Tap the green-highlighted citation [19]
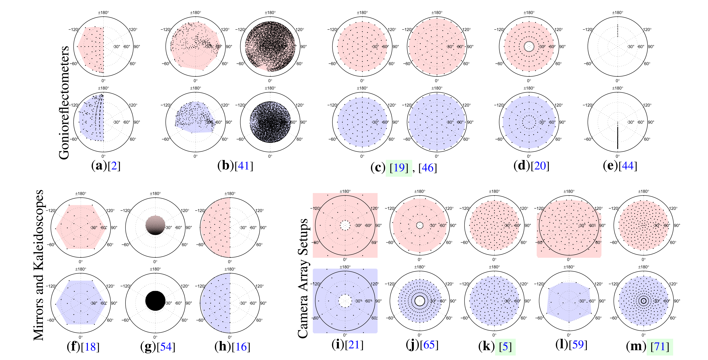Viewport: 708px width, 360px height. pyautogui.click(x=399, y=168)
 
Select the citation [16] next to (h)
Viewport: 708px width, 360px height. pyautogui.click(x=241, y=347)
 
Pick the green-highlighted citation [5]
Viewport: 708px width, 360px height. pyautogui.click(x=505, y=347)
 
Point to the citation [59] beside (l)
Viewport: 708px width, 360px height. pyautogui.click(x=578, y=345)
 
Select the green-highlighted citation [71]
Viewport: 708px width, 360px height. pyautogui.click(x=660, y=347)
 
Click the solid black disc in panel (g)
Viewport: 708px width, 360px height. pyautogui.click(x=155, y=301)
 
